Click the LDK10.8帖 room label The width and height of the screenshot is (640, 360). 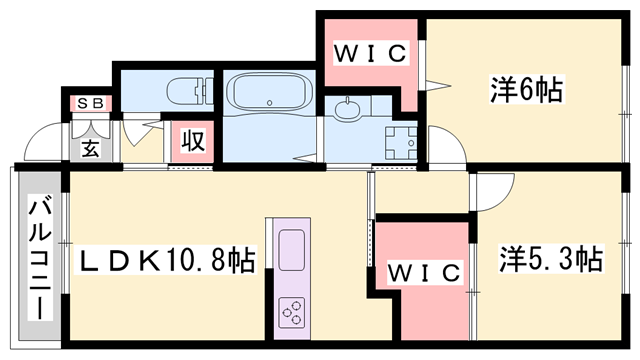pyautogui.click(x=166, y=260)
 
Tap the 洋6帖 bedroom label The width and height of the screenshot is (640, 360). pyautogui.click(x=526, y=89)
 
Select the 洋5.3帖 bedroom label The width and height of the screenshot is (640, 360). pyautogui.click(x=551, y=258)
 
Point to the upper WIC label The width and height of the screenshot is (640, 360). pyautogui.click(x=370, y=53)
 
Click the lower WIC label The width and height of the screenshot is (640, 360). pyautogui.click(x=424, y=273)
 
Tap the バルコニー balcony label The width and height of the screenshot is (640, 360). pyautogui.click(x=40, y=257)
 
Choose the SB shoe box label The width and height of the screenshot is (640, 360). pyautogui.click(x=90, y=104)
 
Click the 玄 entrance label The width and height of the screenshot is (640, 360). pyautogui.click(x=90, y=148)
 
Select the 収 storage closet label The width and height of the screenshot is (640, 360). pyautogui.click(x=193, y=141)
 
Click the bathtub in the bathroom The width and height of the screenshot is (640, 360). pyautogui.click(x=269, y=92)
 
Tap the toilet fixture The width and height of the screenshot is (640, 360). pyautogui.click(x=191, y=91)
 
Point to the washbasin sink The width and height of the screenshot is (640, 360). pyautogui.click(x=348, y=109)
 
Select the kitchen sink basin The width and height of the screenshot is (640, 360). pyautogui.click(x=291, y=250)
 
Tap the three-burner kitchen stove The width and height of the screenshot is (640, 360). pyautogui.click(x=291, y=313)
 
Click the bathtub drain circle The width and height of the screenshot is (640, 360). pyautogui.click(x=269, y=103)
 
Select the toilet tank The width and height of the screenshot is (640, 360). pyautogui.click(x=206, y=91)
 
